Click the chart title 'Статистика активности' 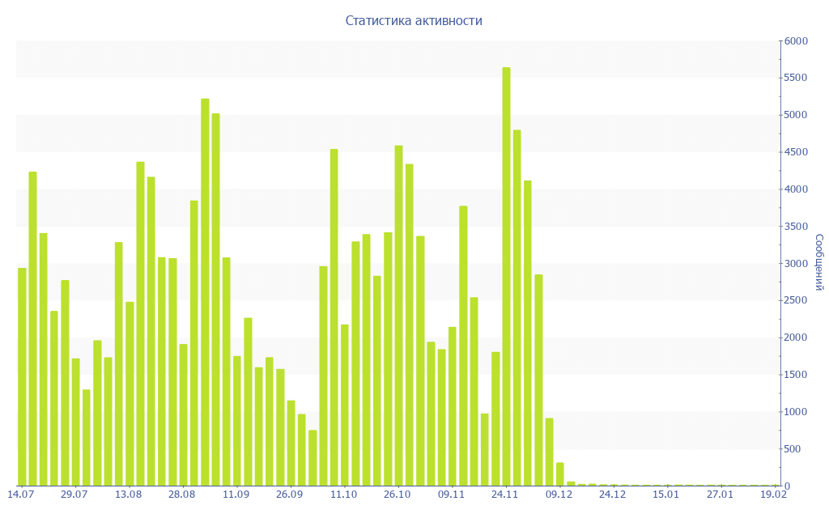pyautogui.click(x=414, y=21)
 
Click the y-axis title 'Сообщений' pyautogui.click(x=818, y=262)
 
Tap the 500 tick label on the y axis pyautogui.click(x=793, y=449)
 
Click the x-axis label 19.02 pyautogui.click(x=774, y=495)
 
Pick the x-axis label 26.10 pyautogui.click(x=397, y=495)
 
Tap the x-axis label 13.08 pyautogui.click(x=128, y=495)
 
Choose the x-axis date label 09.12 pyautogui.click(x=559, y=495)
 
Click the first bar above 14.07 pyautogui.click(x=22, y=376)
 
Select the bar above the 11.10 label pyautogui.click(x=345, y=405)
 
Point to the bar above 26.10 pyautogui.click(x=398, y=316)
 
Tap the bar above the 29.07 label pyautogui.click(x=75, y=422)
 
